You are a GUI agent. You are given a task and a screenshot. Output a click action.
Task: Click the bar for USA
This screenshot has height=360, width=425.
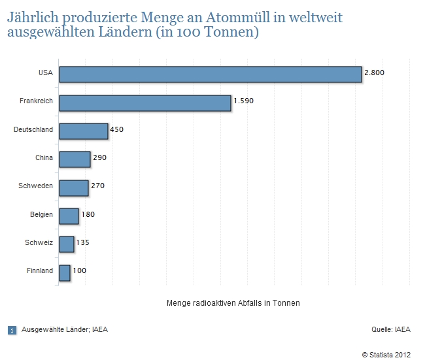210,74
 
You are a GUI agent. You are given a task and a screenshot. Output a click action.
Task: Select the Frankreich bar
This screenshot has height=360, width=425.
144,103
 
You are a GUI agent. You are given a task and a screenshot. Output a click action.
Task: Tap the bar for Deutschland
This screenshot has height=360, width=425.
83,131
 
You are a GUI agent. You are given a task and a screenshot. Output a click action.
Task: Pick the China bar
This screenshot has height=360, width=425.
75,159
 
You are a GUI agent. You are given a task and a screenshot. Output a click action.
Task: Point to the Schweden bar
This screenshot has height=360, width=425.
73,188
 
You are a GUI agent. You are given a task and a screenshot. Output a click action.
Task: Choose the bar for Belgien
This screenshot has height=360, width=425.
69,216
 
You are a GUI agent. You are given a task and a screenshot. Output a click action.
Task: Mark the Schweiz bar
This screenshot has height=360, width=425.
66,244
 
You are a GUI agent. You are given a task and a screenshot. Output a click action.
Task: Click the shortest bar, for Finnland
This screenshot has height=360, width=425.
64,272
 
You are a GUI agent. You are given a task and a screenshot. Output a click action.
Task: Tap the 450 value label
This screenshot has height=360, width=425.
116,129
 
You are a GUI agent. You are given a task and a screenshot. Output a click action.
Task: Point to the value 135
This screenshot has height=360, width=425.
82,242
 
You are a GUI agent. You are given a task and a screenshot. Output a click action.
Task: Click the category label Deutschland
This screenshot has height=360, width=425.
33,130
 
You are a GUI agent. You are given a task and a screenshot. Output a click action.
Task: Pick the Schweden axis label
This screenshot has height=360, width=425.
36,186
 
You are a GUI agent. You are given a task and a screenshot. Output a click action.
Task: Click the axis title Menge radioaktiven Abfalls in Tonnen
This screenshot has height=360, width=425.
233,303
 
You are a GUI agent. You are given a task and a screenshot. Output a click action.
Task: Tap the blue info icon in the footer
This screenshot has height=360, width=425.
12,330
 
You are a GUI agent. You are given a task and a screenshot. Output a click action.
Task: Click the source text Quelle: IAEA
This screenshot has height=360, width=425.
391,329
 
